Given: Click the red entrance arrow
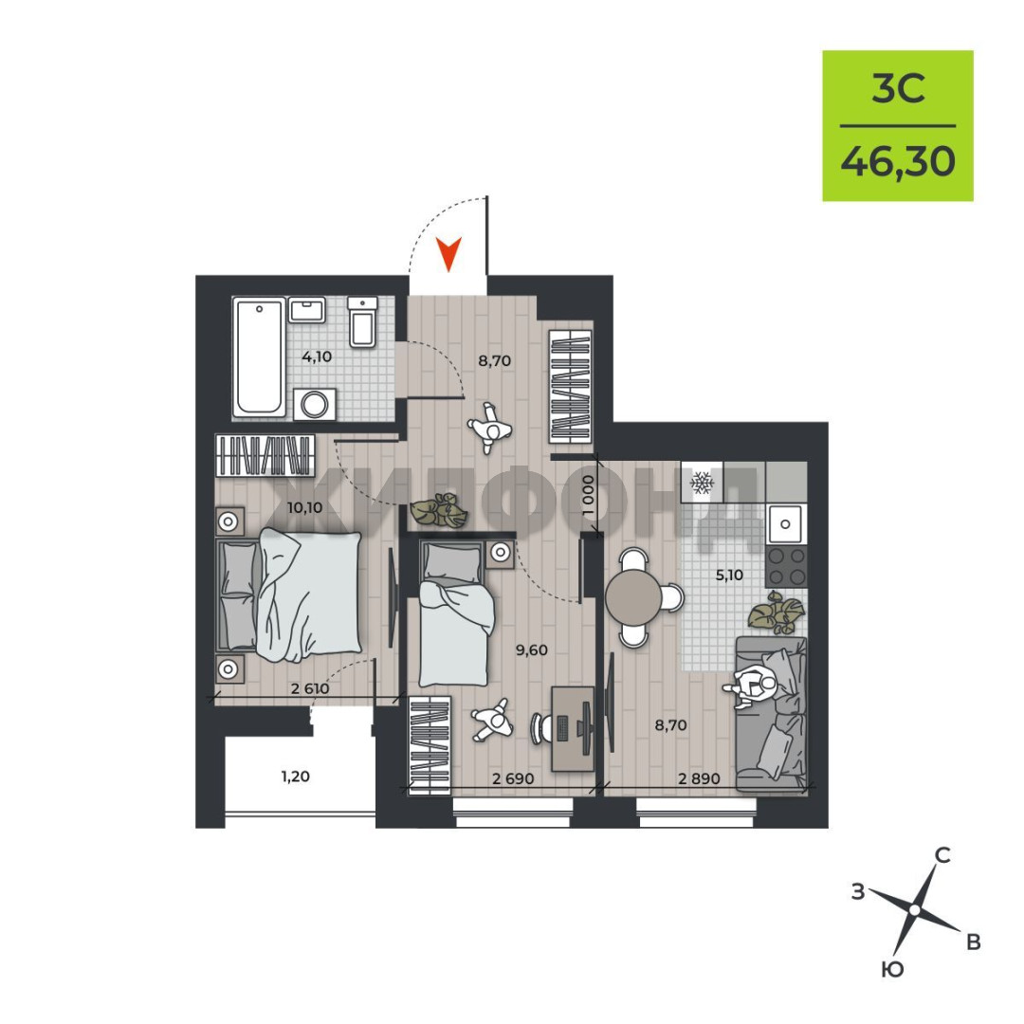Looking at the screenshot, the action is click(448, 253).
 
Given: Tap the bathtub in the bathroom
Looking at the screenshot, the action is click(259, 357).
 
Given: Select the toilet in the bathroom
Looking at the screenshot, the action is click(362, 321).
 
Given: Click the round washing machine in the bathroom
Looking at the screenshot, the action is click(315, 404).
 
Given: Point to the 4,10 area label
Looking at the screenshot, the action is click(317, 357).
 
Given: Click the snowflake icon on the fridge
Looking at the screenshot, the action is click(702, 483).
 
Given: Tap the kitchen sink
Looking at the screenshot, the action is click(786, 523).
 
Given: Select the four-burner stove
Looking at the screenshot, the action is click(786, 567).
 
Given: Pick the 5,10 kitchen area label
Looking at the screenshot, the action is click(729, 575).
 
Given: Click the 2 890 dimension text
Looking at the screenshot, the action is click(699, 778).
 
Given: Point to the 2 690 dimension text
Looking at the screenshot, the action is click(513, 778).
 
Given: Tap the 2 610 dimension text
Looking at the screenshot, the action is click(310, 688).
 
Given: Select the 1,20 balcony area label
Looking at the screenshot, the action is click(295, 777).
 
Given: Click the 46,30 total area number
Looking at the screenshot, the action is click(898, 161).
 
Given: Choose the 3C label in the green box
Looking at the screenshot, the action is click(898, 88).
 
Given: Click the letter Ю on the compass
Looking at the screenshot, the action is click(893, 970).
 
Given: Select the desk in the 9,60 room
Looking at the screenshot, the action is click(573, 728).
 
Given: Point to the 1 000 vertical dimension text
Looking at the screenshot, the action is click(589, 495).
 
